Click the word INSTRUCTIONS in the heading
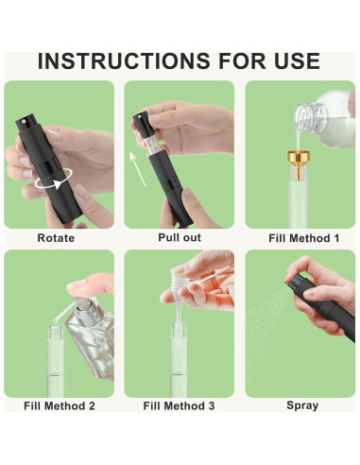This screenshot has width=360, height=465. (x=124, y=60)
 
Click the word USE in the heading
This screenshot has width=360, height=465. (x=297, y=60)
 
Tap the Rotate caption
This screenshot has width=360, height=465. (x=56, y=238)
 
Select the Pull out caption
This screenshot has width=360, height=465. (x=180, y=237)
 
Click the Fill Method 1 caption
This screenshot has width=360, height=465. (x=304, y=238)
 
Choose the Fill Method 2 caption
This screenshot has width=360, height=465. (x=60, y=405)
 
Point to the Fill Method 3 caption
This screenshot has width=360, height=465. (x=179, y=405)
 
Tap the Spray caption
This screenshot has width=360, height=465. (x=302, y=405)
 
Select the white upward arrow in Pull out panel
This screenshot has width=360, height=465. (x=138, y=169)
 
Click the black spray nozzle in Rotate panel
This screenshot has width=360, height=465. (x=25, y=122)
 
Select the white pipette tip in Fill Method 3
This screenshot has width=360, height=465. (x=179, y=311)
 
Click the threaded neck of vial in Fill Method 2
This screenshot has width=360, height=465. (x=57, y=332)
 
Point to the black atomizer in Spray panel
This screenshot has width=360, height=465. (x=323, y=305)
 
